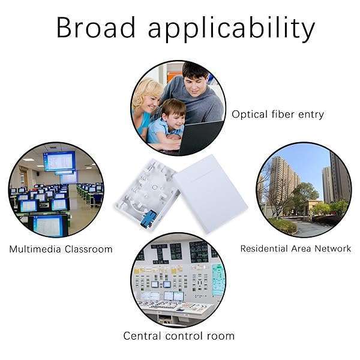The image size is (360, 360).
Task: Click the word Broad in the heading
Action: tap(96, 27)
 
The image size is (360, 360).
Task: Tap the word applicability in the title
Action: tap(232, 29)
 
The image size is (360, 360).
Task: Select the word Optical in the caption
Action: tap(250, 115)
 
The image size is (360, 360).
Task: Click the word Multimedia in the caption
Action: tap(35, 249)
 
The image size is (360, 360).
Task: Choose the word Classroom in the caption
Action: tap(89, 249)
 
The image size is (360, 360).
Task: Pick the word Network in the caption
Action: tap(332, 248)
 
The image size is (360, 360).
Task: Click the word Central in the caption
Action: tap(142, 336)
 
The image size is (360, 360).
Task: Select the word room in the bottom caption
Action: tap(221, 337)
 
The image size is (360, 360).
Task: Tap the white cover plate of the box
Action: tap(211, 194)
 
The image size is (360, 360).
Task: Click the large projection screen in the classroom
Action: tap(59, 161)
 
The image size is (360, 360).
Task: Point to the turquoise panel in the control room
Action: tap(218, 280)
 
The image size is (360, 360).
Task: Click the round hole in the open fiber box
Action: tap(155, 187)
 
